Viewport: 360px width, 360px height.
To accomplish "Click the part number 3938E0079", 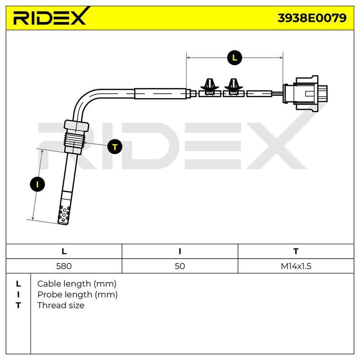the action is click(x=312, y=18).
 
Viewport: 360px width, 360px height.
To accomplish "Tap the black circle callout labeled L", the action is click(x=234, y=58).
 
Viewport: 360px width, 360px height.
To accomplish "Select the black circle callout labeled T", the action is click(x=115, y=147).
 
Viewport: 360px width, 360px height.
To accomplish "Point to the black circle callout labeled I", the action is click(x=37, y=184).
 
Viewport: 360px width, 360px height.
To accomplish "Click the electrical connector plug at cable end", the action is click(x=305, y=94).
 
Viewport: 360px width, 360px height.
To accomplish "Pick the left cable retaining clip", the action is click(x=209, y=88).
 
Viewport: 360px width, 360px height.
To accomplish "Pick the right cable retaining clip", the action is click(x=234, y=88).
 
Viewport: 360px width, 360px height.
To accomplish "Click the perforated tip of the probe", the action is click(x=64, y=215).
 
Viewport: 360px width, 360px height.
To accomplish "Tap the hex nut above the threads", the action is click(x=76, y=126).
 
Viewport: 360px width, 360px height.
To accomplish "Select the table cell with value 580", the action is click(x=64, y=266).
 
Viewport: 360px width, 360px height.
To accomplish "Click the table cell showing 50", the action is click(x=180, y=266).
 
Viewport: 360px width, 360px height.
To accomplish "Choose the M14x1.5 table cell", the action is click(x=296, y=266).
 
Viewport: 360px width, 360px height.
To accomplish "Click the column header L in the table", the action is click(x=64, y=252).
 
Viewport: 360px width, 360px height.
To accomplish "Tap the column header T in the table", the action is click(x=296, y=252).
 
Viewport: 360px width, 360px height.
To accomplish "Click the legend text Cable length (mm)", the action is click(x=76, y=284).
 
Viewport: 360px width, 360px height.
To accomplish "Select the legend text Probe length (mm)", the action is click(x=77, y=295).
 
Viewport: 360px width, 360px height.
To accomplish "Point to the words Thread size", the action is click(x=61, y=306).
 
